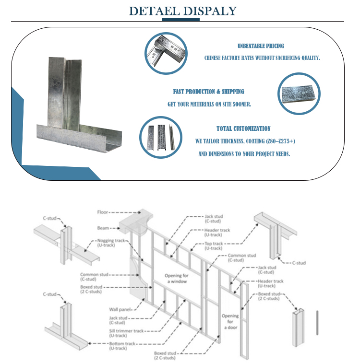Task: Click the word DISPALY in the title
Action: tap(210, 11)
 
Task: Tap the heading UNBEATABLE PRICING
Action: tap(261, 46)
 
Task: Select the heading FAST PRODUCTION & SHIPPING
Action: tap(208, 92)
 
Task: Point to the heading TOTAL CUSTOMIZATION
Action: tap(243, 129)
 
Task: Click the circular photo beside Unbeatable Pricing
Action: tap(166, 53)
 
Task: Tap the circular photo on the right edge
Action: tap(299, 94)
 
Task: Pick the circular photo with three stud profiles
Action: tap(161, 137)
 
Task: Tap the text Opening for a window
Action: tap(174, 279)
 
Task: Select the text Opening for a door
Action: tap(230, 321)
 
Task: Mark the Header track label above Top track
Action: tap(217, 233)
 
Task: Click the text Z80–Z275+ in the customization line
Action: tap(277, 141)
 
